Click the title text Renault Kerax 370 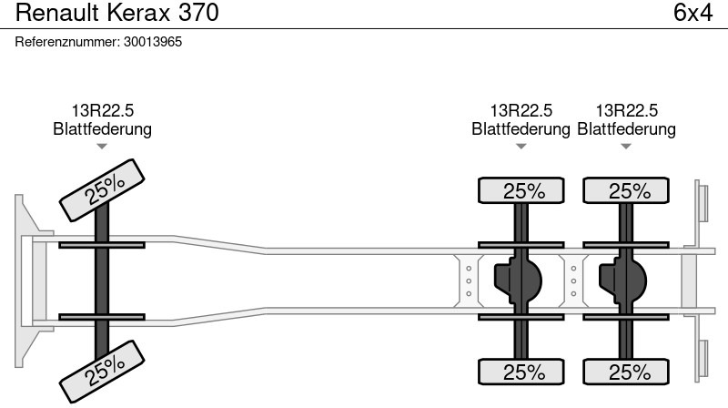click(117, 13)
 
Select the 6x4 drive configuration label click(693, 13)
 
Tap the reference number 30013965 click(153, 42)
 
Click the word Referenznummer click(67, 42)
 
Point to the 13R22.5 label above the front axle click(102, 110)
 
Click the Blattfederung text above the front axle click(102, 128)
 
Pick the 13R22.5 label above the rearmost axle click(626, 110)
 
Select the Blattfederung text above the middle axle click(521, 128)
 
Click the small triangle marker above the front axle click(102, 147)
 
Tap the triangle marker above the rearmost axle click(626, 147)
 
